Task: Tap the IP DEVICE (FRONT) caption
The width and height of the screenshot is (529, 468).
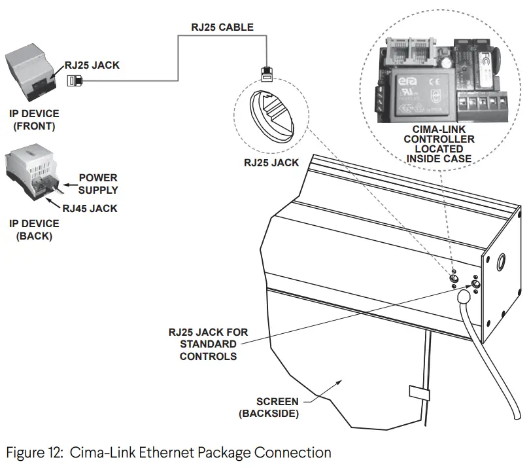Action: (x=34, y=120)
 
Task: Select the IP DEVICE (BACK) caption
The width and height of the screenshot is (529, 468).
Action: (x=34, y=230)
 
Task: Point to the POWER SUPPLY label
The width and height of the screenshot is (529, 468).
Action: (x=98, y=184)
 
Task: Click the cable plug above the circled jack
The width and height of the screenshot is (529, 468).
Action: (x=266, y=72)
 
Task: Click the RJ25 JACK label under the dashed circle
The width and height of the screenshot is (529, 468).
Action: (x=271, y=163)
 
